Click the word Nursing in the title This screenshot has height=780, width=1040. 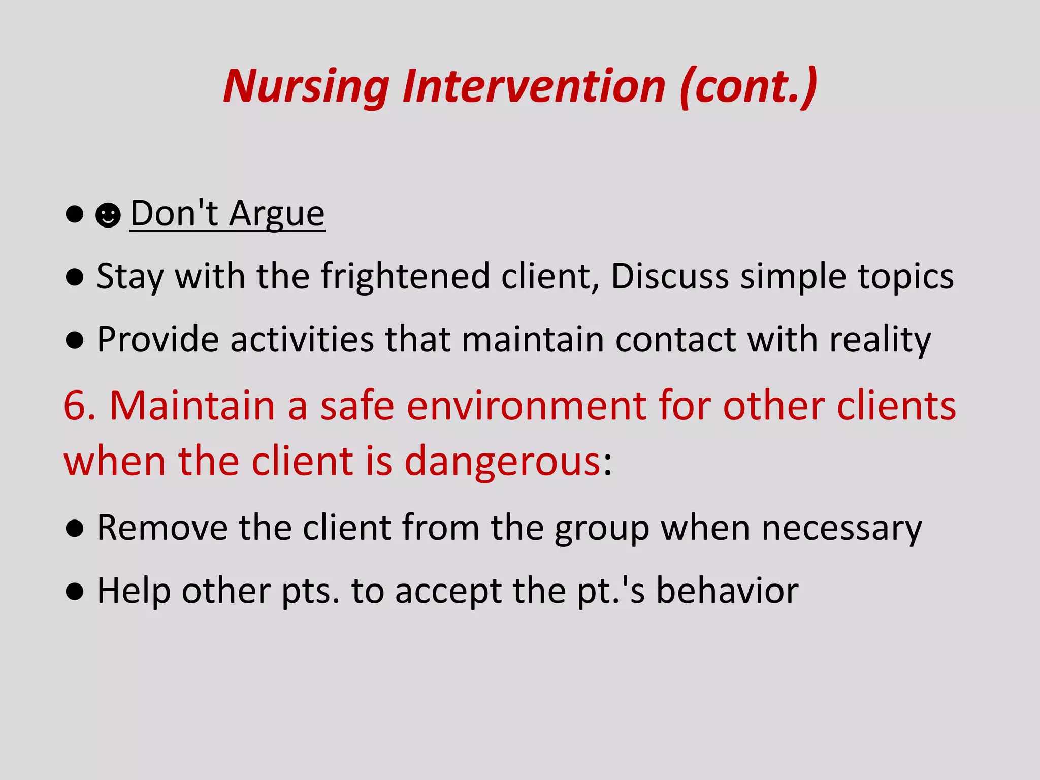pyautogui.click(x=306, y=86)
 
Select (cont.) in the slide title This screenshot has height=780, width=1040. pyautogui.click(x=749, y=86)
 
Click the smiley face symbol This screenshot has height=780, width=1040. pyautogui.click(x=108, y=215)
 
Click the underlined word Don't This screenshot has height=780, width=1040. pyautogui.click(x=174, y=213)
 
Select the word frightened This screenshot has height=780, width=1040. pyautogui.click(x=405, y=277)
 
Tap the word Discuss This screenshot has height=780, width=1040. pyautogui.click(x=670, y=277)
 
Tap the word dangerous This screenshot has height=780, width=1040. pyautogui.click(x=502, y=462)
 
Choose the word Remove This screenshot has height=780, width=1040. pyautogui.click(x=162, y=528)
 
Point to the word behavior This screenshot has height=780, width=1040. pyautogui.click(x=727, y=591)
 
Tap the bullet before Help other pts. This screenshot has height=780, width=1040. pyautogui.click(x=75, y=592)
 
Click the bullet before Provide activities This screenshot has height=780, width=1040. pyautogui.click(x=75, y=340)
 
